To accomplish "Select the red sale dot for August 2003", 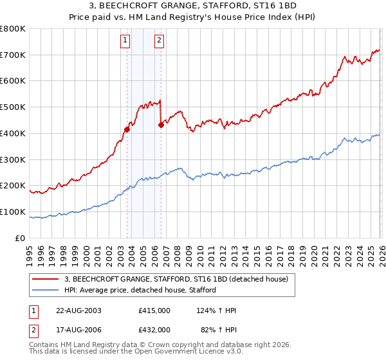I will pos(127,129).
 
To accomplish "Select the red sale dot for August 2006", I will pos(161,125).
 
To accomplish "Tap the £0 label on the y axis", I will pos(21,238).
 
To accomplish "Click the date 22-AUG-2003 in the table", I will pos(78,310).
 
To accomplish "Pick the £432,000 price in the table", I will pos(154,329).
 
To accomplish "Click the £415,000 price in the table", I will pos(154,310).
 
